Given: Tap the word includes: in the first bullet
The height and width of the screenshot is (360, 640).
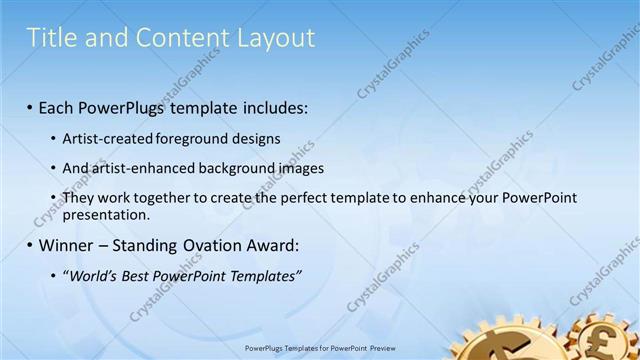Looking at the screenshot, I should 273,106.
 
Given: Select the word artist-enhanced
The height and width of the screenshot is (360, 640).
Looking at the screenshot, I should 135,168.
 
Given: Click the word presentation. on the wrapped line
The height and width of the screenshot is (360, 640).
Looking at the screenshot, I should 106,214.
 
